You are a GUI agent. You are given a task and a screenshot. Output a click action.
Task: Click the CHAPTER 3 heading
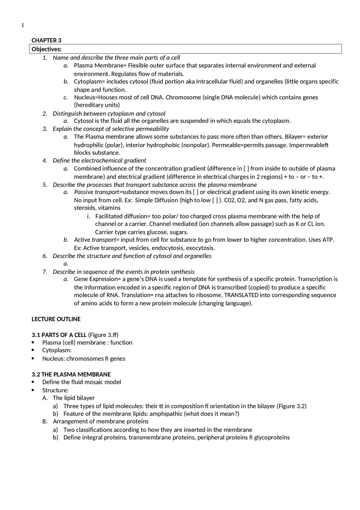46,40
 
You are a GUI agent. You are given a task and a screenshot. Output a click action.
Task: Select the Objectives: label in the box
47,49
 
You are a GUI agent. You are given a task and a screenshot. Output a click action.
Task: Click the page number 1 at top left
23,26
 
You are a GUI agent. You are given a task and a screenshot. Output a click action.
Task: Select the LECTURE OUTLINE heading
56,319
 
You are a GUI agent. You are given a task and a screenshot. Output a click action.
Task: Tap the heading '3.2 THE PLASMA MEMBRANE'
71,374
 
